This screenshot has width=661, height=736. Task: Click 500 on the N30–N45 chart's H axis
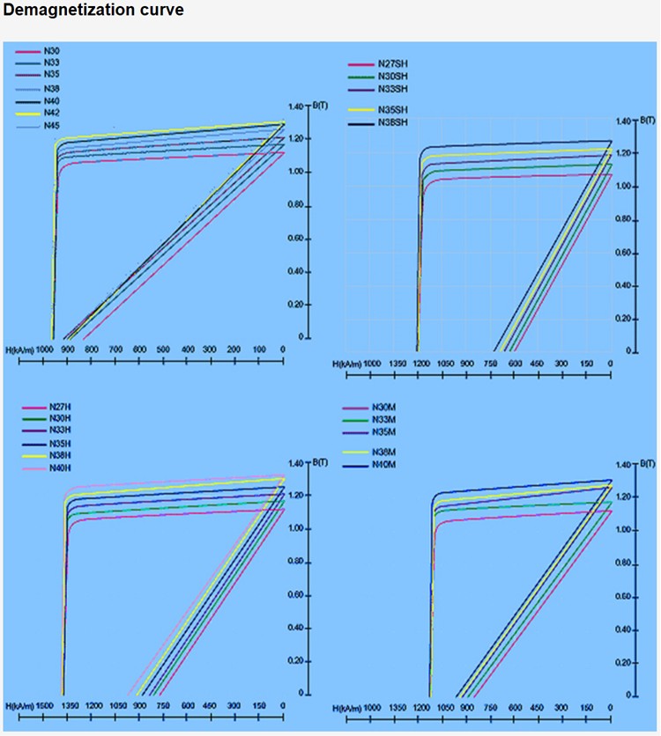pyautogui.click(x=164, y=350)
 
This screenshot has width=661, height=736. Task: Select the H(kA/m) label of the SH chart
pyautogui.click(x=345, y=363)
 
